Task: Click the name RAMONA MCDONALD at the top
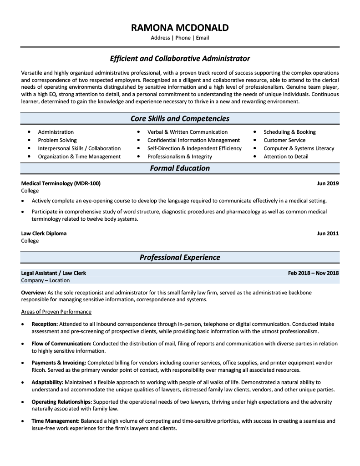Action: tap(180, 28)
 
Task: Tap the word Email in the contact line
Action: tap(203, 38)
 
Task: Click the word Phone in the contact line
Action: tap(183, 38)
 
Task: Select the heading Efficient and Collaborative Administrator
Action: tap(180, 59)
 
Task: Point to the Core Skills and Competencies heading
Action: tap(180, 119)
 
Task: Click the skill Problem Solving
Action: tap(57, 140)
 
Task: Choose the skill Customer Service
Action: tap(284, 140)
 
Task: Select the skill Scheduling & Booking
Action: tap(289, 132)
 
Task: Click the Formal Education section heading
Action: tap(180, 168)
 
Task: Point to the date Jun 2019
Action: tap(328, 183)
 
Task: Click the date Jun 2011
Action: tap(328, 233)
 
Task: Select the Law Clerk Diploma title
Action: tap(44, 233)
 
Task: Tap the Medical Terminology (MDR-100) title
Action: tap(61, 183)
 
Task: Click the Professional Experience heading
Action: tap(180, 258)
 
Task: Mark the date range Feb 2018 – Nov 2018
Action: tap(313, 273)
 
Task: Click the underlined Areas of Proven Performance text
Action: tap(56, 312)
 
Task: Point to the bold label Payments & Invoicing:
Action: tap(59, 363)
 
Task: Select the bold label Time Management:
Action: tap(56, 421)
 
